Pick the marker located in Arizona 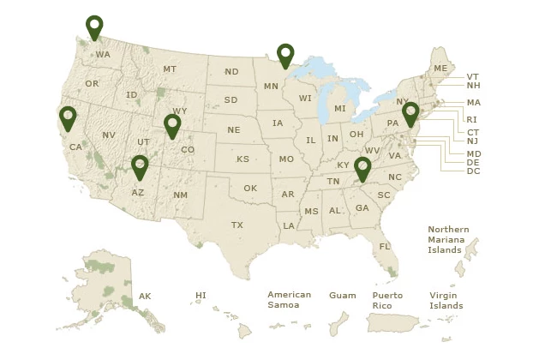140,166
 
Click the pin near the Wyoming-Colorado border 172,126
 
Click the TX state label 237,225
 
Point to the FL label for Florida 385,246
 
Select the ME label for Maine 440,68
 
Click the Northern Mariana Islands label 448,240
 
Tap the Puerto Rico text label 387,300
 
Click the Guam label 342,296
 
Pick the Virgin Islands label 446,300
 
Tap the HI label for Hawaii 201,296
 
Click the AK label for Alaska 145,297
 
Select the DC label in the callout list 473,171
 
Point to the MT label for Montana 170,69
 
